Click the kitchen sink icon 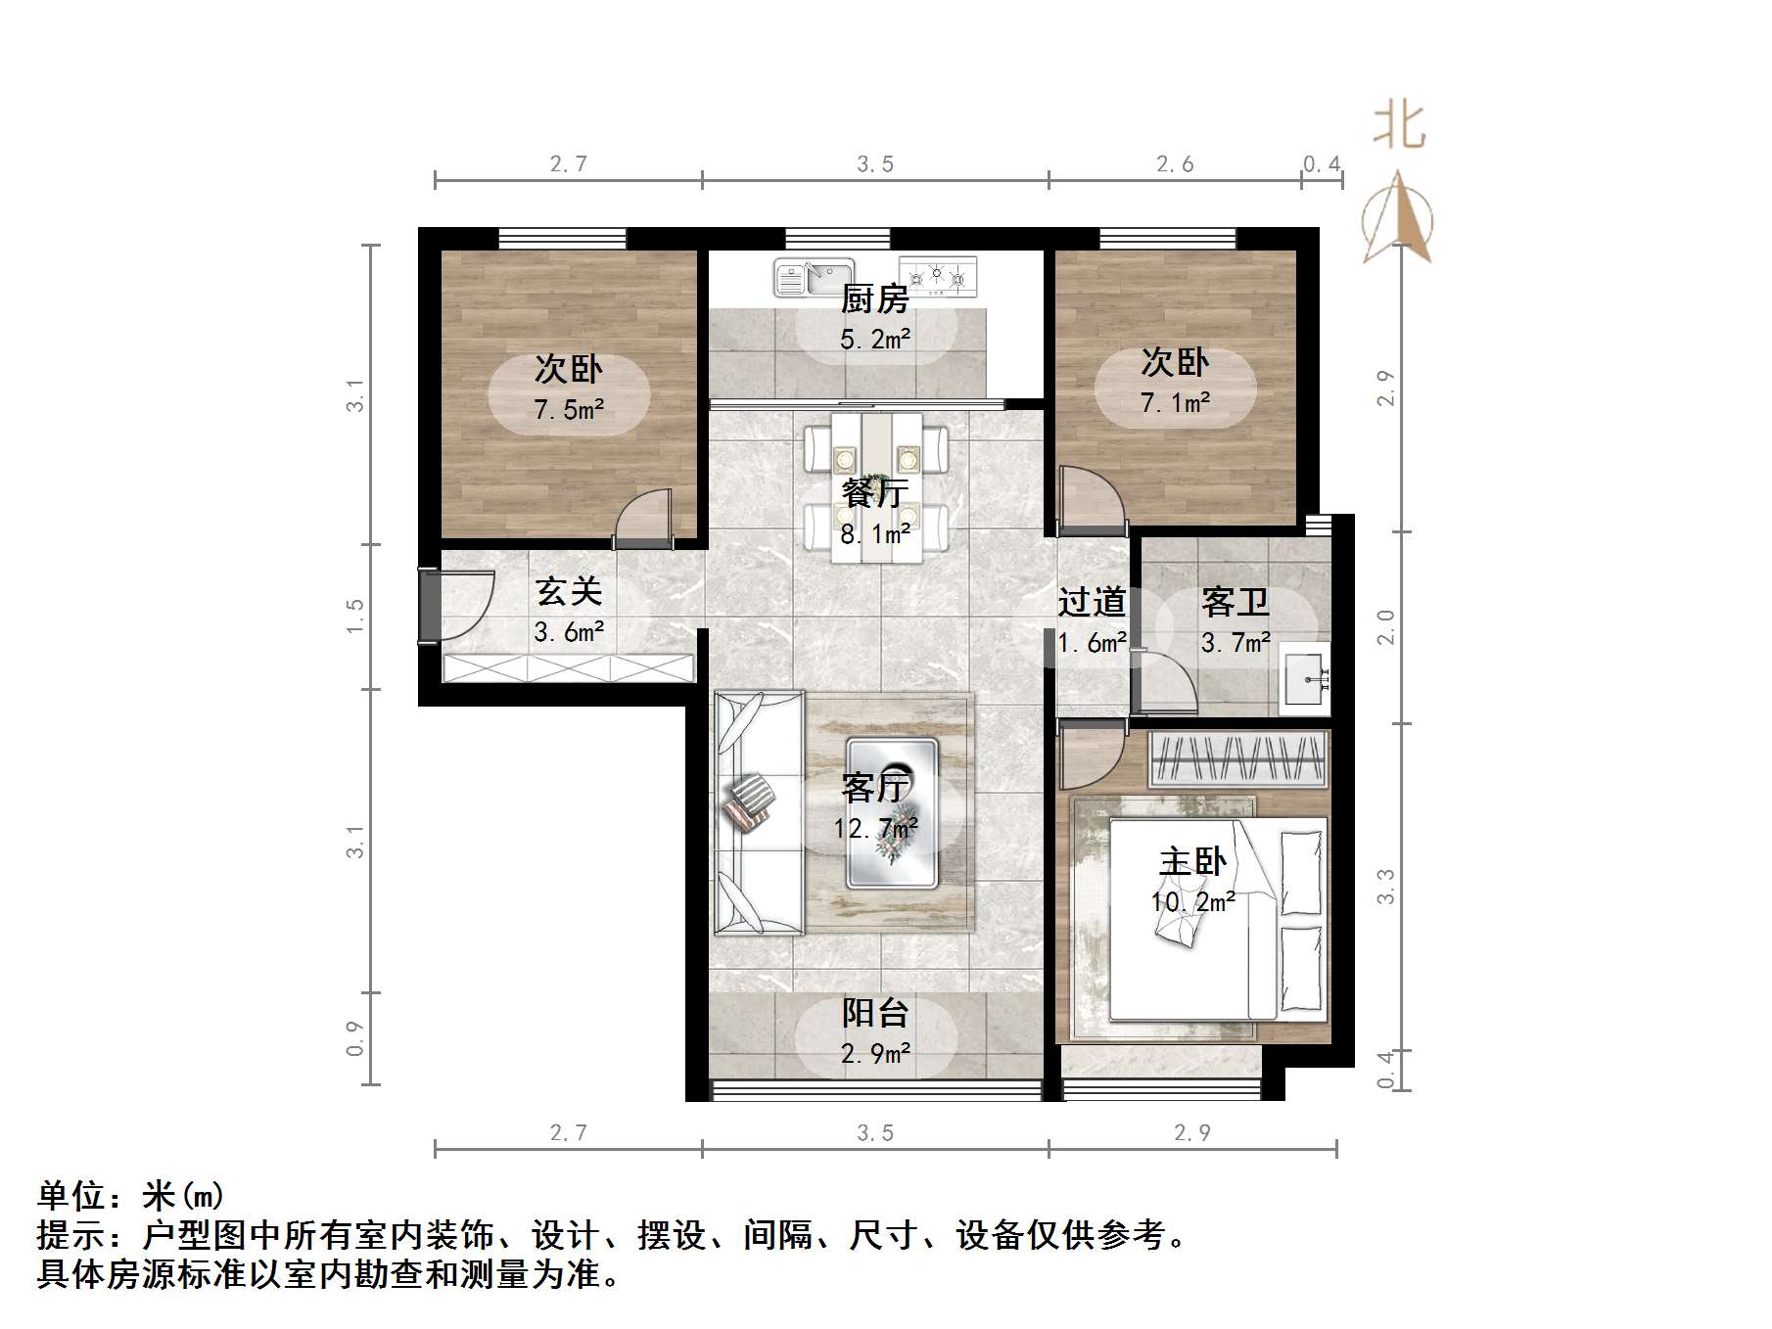(813, 277)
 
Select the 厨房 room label (874, 298)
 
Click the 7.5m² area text (569, 409)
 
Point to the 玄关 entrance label (569, 591)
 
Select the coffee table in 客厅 (892, 812)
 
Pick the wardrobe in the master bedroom (1238, 757)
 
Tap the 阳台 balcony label (875, 1013)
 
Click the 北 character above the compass (1398, 127)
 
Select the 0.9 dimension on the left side (354, 1038)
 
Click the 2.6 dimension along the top (1174, 164)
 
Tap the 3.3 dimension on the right (1385, 886)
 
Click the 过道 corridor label (1092, 602)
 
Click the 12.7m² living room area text (875, 829)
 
